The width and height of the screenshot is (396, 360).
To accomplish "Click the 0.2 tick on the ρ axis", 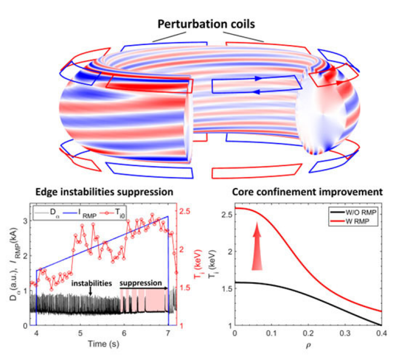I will point(308,332).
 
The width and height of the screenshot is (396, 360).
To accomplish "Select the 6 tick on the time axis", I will point(124,332).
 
